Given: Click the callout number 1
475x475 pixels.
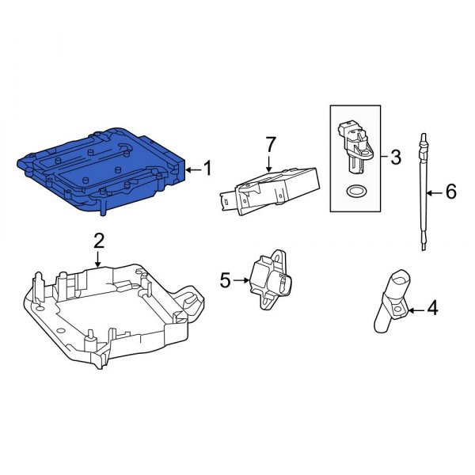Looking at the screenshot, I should (207, 168).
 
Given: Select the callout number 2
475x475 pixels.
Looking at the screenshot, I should (99, 239).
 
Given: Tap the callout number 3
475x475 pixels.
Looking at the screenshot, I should (396, 157).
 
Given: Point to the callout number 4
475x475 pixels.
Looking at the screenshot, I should (432, 308).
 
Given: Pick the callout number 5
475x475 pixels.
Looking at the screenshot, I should (225, 279).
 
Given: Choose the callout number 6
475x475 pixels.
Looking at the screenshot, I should (450, 192).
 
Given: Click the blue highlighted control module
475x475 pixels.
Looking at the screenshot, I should (103, 166).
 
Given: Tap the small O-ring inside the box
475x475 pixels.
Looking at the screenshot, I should (357, 191).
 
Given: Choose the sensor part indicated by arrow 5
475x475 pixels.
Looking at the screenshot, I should (268, 279).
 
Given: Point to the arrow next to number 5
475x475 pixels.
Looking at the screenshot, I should (241, 279).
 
